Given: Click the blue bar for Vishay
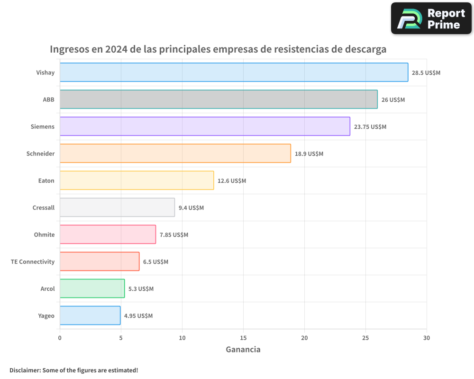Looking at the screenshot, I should pyautogui.click(x=234, y=72).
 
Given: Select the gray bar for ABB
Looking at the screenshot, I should pyautogui.click(x=219, y=99).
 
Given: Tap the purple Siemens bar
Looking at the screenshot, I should pyautogui.click(x=205, y=126).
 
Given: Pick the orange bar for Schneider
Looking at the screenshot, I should pyautogui.click(x=175, y=153).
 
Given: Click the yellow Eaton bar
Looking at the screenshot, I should pyautogui.click(x=137, y=180).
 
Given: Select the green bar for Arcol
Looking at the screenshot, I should pyautogui.click(x=92, y=289).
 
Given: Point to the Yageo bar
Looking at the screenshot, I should pyautogui.click(x=90, y=316).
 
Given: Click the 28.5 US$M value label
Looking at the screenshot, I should pyautogui.click(x=426, y=73).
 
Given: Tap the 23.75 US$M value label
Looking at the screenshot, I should pyautogui.click(x=370, y=127).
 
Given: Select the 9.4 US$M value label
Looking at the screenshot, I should pyautogui.click(x=191, y=208).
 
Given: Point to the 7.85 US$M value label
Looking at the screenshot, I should pyautogui.click(x=173, y=235).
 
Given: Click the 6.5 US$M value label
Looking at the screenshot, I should pyautogui.click(x=155, y=262).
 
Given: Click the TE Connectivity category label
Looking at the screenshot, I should pyautogui.click(x=33, y=262).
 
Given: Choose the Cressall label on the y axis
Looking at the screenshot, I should pyautogui.click(x=44, y=208).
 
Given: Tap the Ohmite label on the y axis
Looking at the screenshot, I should pyautogui.click(x=44, y=235).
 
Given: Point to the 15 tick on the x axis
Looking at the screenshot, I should pyautogui.click(x=243, y=338).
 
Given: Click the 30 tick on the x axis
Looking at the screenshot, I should pyautogui.click(x=427, y=338).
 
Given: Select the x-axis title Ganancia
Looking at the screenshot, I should pyautogui.click(x=243, y=350).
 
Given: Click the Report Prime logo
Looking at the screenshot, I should pyautogui.click(x=431, y=18).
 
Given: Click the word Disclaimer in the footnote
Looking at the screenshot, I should pyautogui.click(x=24, y=370).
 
